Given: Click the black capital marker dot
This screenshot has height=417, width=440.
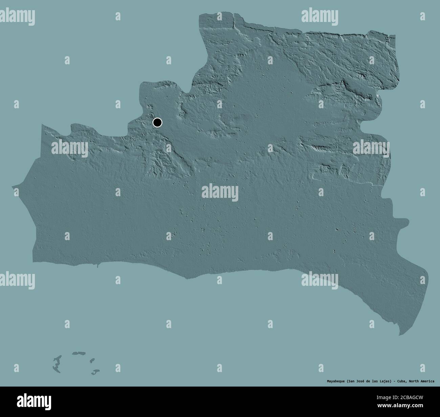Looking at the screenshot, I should click(x=157, y=122).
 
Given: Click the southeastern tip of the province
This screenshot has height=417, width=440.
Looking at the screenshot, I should click(x=400, y=334).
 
